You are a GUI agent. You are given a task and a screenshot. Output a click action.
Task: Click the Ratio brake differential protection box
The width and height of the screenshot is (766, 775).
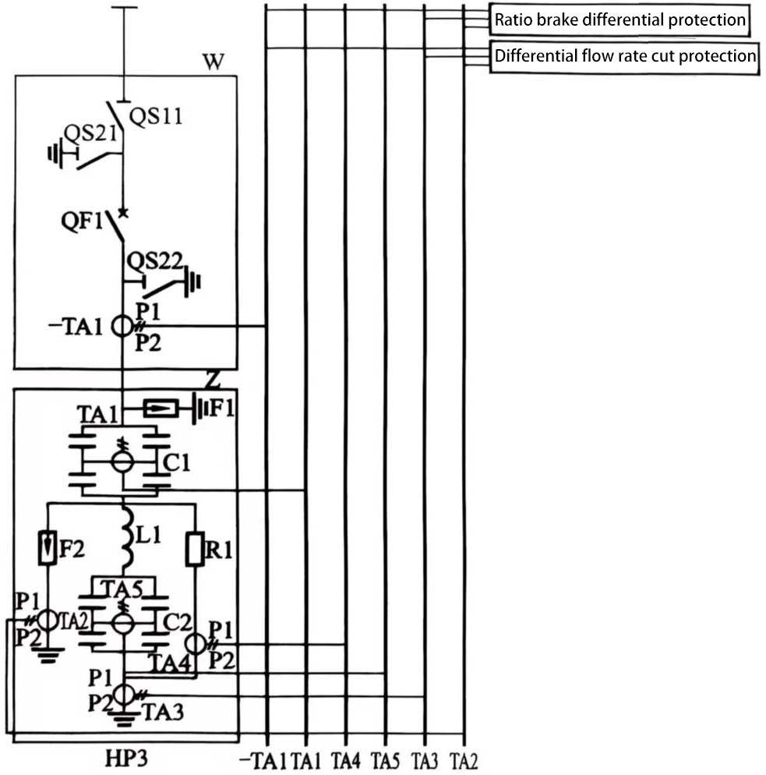[x=620, y=20]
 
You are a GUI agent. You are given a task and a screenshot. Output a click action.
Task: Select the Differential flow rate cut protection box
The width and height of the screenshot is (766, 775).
[x=625, y=57]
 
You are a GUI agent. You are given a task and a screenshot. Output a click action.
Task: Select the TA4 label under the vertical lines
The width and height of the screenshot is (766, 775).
[x=345, y=759]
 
